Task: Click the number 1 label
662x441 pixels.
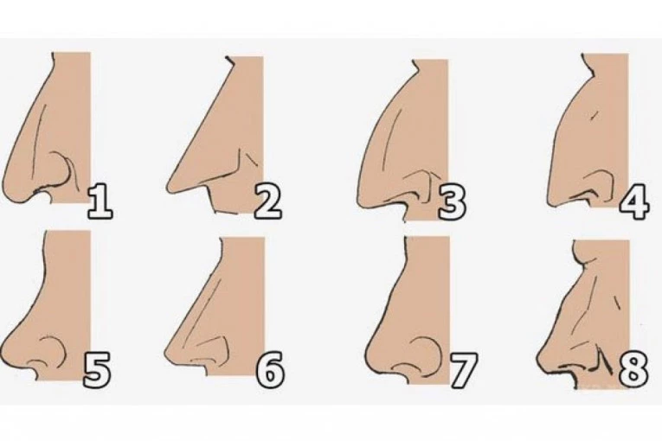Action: (100, 201)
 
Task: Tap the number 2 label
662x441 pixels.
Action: (267, 201)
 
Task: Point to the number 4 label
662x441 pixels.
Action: (634, 201)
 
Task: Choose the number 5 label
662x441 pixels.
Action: (97, 370)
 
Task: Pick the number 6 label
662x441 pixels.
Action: (271, 370)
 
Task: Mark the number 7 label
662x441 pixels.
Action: (463, 370)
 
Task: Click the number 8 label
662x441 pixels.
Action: (633, 370)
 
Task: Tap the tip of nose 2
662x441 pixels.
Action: (169, 188)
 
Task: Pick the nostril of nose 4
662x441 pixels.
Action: (589, 194)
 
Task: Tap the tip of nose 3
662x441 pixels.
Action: (361, 197)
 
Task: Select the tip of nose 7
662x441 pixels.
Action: (367, 354)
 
